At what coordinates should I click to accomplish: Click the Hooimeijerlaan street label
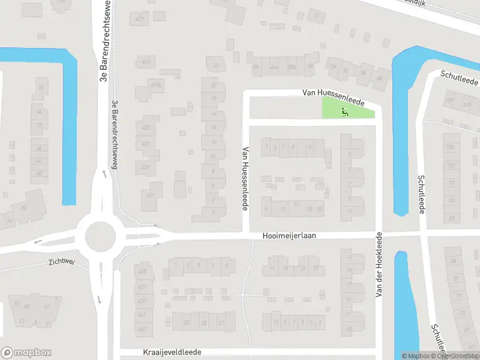(x=289, y=236)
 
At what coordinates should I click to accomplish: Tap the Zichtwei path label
(x=63, y=262)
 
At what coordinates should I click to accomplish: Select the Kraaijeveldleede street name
(x=172, y=352)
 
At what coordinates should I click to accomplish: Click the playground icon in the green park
(x=344, y=111)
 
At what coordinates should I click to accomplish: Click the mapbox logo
(x=26, y=353)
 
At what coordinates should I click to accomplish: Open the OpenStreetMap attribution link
(x=458, y=356)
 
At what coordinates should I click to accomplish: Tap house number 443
(x=142, y=329)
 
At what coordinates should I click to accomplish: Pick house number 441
(x=142, y=314)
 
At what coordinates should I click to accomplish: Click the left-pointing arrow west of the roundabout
(x=38, y=242)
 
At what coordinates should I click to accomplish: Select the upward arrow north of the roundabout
(x=104, y=173)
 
